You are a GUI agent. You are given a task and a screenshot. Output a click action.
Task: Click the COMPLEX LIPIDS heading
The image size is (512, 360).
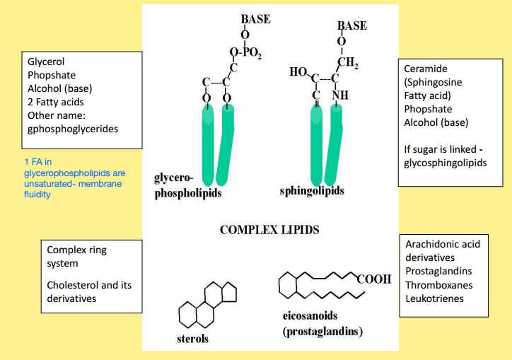click(x=269, y=229)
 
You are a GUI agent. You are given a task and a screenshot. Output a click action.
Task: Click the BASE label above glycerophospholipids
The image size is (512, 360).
click(x=255, y=19)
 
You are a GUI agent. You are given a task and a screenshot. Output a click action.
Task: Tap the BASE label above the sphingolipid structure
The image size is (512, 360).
click(x=352, y=25)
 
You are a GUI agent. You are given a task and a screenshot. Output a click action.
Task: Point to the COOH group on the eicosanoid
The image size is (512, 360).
click(x=374, y=279)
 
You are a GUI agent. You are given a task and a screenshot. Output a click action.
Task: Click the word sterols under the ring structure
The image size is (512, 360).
click(x=192, y=339)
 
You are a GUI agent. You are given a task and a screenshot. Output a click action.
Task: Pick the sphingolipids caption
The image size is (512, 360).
click(x=312, y=191)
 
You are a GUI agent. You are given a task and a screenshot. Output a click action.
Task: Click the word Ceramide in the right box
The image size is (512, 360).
click(x=426, y=69)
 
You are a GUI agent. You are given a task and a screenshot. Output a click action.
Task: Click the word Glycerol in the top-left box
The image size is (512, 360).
click(x=47, y=62)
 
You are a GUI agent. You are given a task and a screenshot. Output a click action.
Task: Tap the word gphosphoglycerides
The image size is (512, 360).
click(x=73, y=129)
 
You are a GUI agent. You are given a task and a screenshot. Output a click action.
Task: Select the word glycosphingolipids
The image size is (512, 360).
click(x=446, y=163)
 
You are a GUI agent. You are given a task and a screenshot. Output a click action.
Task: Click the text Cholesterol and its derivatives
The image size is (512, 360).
click(x=89, y=291)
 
